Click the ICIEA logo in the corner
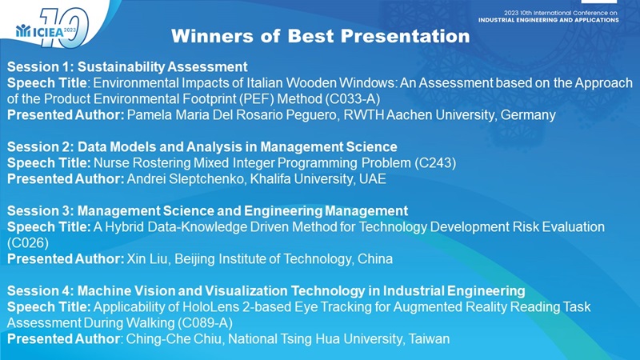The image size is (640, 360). (52, 28)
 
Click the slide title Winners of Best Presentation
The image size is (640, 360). (321, 36)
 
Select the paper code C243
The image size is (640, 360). (435, 163)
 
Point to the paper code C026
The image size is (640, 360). (28, 243)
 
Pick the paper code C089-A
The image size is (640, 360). (205, 323)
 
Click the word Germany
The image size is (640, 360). (528, 115)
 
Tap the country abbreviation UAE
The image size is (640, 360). (373, 178)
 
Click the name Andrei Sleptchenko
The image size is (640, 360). (186, 178)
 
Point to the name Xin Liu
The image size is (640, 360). (147, 258)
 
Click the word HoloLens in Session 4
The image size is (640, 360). (210, 307)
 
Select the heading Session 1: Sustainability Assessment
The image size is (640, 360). (127, 66)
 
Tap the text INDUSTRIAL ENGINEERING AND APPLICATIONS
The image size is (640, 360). (549, 20)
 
